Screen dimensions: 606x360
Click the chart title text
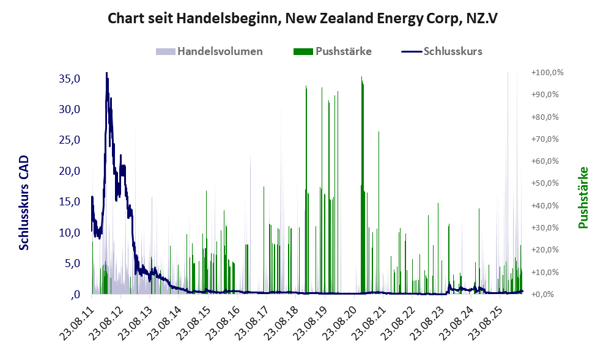click(x=303, y=18)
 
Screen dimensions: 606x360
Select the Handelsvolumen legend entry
click(x=209, y=51)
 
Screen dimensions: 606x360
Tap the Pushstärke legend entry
click(x=333, y=51)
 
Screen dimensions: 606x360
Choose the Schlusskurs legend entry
click(x=442, y=51)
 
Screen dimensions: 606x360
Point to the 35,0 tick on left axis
click(x=70, y=79)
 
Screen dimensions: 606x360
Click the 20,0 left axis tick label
click(x=70, y=171)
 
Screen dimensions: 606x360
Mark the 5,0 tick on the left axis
click(x=72, y=263)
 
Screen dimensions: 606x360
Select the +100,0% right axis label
click(x=547, y=73)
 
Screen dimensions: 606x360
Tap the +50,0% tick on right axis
click(x=545, y=183)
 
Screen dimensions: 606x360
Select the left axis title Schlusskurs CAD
click(x=24, y=202)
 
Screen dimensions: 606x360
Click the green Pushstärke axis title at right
click(x=583, y=197)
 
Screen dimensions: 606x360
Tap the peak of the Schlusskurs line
click(x=106, y=73)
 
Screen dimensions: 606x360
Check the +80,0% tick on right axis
click(x=545, y=117)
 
